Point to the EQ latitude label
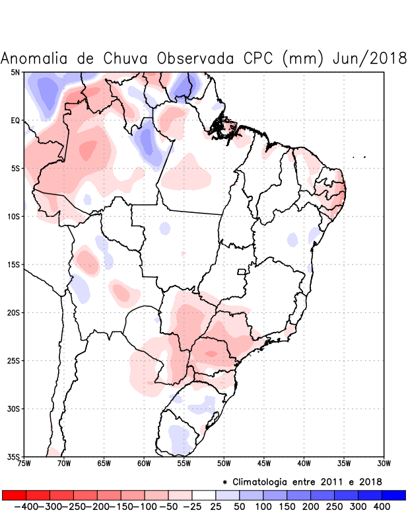pos(15,120)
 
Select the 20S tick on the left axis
pos(13,313)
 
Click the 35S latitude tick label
pos(13,457)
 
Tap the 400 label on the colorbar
pos(382,507)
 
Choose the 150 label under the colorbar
pos(287,507)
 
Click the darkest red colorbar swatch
pos(14,495)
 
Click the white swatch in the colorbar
pos(203,495)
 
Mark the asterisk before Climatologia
pos(225,482)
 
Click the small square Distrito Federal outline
pos(242,272)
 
